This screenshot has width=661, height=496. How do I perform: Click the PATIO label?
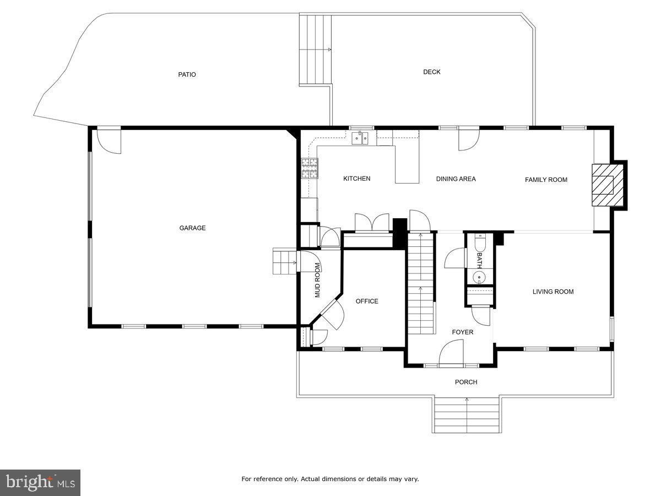[x=187, y=74]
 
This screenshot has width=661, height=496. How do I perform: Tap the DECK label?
[x=431, y=72]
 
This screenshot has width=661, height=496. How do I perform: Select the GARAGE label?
[x=192, y=228]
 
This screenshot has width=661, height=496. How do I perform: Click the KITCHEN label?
[x=356, y=179]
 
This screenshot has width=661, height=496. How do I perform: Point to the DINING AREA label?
[x=456, y=179]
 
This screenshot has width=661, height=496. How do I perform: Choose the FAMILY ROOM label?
[x=545, y=180]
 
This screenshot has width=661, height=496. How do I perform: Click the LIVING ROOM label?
[x=552, y=292]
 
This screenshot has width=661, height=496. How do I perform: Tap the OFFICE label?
[x=367, y=301]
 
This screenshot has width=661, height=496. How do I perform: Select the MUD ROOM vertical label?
[x=317, y=280]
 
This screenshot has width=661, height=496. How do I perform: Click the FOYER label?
[x=462, y=332]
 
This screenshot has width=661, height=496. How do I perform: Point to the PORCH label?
[x=466, y=382]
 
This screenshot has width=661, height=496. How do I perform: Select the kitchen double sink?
[x=361, y=137]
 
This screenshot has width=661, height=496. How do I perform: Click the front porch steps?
[x=467, y=414]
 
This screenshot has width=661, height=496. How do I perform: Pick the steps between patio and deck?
[x=316, y=50]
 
